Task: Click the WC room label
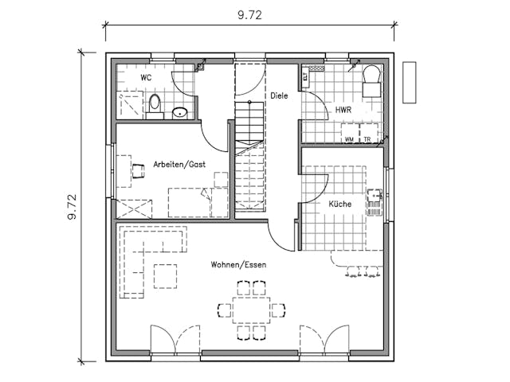pos(146,78)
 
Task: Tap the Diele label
pos(278,95)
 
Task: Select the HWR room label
pos(343,110)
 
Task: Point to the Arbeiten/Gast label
pos(179,163)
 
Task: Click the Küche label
pos(340,205)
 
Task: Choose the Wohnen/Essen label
pos(238,264)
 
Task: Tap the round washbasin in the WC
pos(181,112)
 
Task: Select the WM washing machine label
pos(349,139)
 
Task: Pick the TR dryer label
pos(367,139)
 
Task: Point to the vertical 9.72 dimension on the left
pos(72,206)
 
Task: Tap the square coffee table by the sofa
pos(165,275)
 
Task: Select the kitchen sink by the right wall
pos(375,204)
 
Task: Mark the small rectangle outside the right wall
pos(410,82)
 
